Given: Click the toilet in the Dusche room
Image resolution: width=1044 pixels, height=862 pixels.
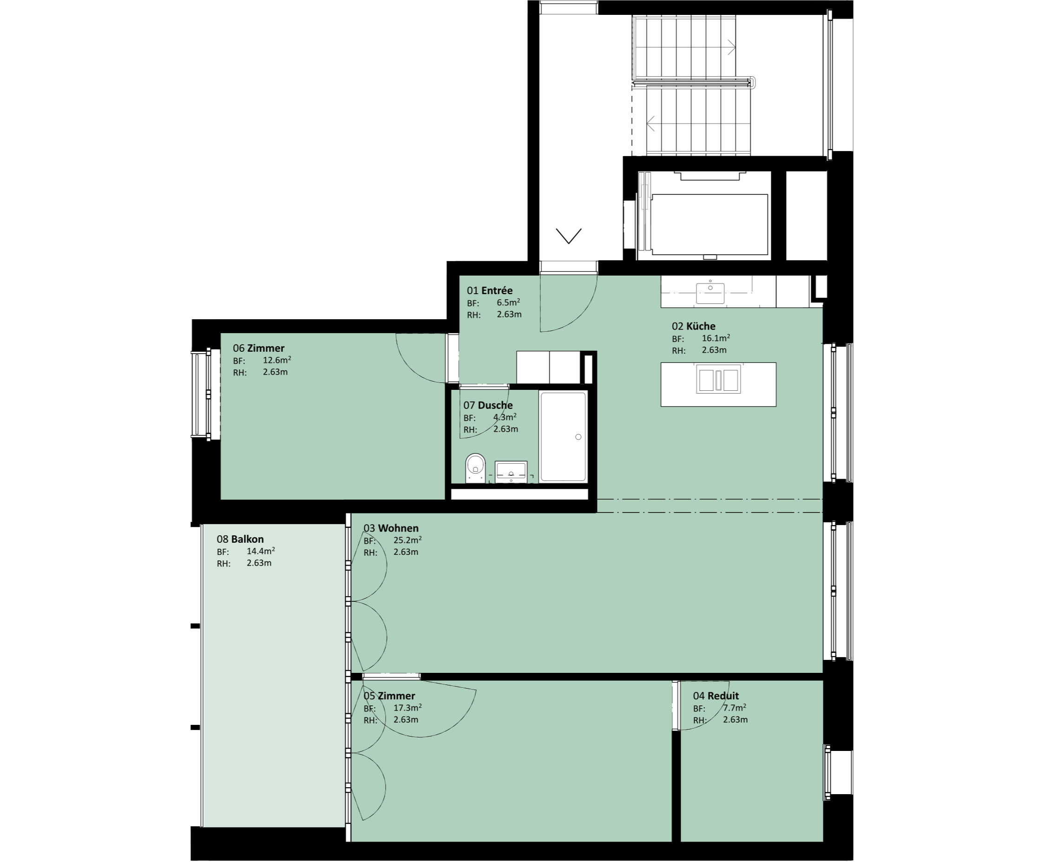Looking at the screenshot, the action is pos(475,467).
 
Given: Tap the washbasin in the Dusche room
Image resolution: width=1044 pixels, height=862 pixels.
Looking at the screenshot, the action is pos(511,472).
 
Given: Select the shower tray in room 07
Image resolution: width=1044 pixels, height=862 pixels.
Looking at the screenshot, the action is pos(564,436).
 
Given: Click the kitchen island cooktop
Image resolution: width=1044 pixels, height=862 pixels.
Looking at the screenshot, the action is pos(718,379).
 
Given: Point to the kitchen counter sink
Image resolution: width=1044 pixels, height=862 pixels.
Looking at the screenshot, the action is pos(710,293).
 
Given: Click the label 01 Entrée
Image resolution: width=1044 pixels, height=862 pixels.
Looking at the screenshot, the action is pos(490,290).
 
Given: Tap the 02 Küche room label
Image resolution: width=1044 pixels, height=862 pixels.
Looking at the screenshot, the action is pos(694,326).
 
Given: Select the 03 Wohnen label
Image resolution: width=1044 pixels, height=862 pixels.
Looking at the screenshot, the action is pos(391,528).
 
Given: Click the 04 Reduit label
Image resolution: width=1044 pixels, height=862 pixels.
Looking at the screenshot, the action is pos(716,696).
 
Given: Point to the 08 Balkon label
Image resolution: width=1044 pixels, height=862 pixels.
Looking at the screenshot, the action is pos(240,539).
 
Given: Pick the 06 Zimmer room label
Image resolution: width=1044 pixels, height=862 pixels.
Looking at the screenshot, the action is pos(259,348).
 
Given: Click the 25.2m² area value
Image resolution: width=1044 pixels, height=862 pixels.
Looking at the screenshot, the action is pos(407,540).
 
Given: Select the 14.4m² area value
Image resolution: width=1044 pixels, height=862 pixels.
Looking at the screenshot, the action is pos(261,551).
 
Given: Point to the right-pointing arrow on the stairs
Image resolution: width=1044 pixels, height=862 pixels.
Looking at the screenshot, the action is pos(731,47).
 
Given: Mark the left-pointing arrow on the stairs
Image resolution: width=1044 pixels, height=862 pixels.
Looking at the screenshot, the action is pos(651,123).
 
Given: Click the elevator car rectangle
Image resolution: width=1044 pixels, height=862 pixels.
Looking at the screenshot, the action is pos(709,224).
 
